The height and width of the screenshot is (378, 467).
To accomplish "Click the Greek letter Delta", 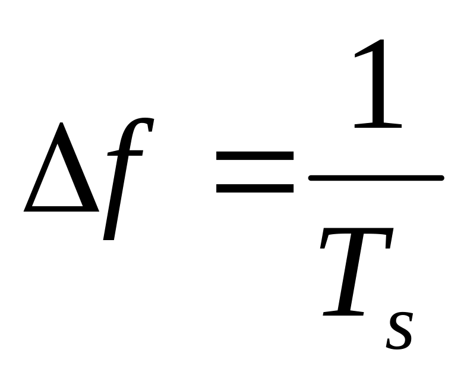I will [61, 172].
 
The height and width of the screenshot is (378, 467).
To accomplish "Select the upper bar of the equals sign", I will [254, 156].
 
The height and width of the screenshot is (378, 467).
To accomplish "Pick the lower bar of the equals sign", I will [254, 188].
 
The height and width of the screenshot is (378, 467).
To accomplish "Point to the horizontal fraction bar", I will [376, 177].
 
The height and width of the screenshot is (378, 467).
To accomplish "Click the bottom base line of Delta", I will [61, 209].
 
